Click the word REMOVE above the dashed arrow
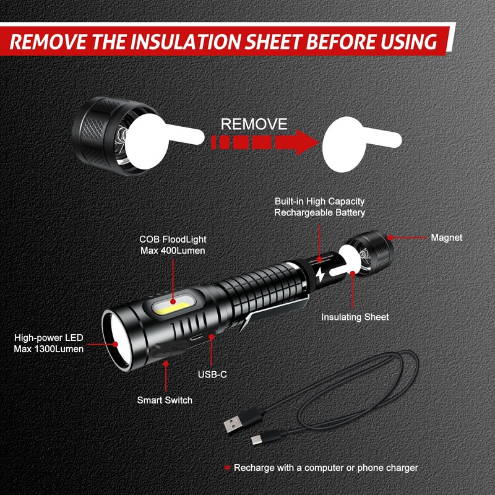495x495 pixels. pyautogui.click(x=254, y=124)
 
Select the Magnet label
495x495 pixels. pyautogui.click(x=446, y=238)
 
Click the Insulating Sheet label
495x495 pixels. pyautogui.click(x=355, y=317)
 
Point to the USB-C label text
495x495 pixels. pyautogui.click(x=212, y=374)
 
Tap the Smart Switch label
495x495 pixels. pyautogui.click(x=165, y=400)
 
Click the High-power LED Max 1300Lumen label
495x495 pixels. pyautogui.click(x=48, y=343)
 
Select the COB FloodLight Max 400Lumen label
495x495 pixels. pyautogui.click(x=172, y=244)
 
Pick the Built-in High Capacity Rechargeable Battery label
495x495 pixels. pyautogui.click(x=320, y=207)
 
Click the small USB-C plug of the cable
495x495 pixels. pyautogui.click(x=258, y=440)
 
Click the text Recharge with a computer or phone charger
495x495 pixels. pyautogui.click(x=325, y=468)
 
